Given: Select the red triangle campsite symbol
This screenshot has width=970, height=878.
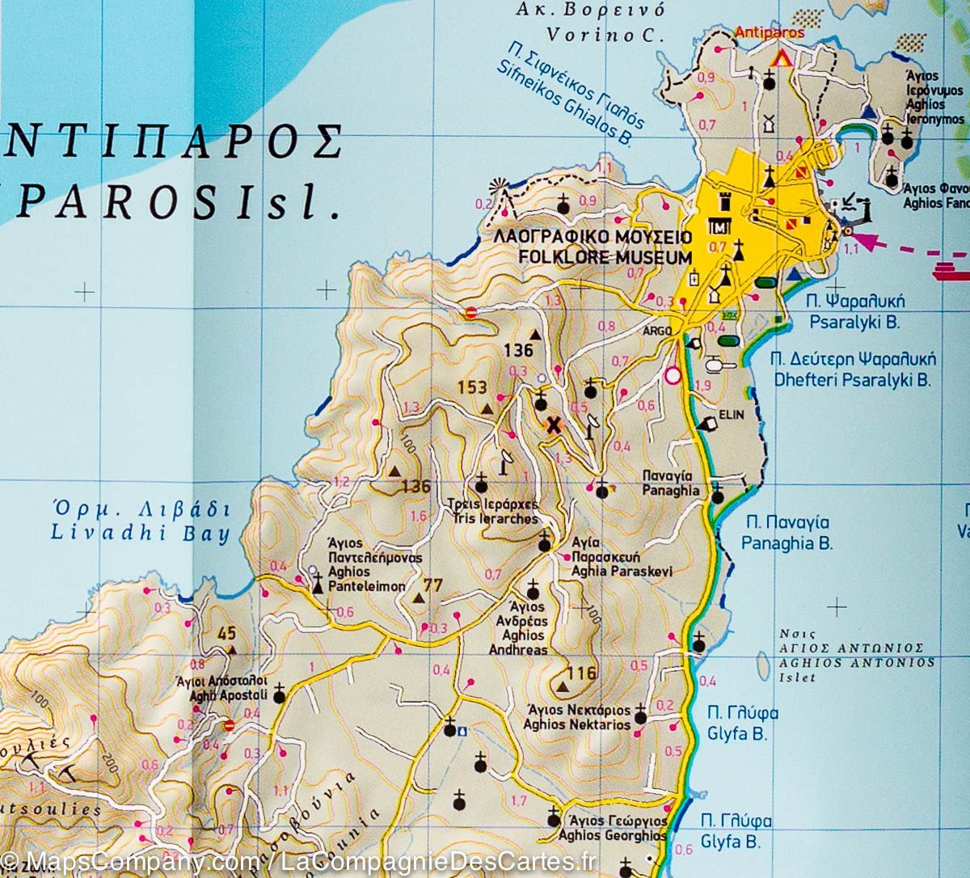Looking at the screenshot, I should coord(782,59).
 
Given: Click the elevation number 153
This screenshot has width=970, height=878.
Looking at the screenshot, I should coord(472,387).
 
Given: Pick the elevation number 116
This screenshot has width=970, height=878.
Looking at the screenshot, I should coord(581,673).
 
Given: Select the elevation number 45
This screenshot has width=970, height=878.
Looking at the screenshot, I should coord(226,634).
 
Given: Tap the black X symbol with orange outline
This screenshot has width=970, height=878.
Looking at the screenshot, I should coord(554,425).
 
